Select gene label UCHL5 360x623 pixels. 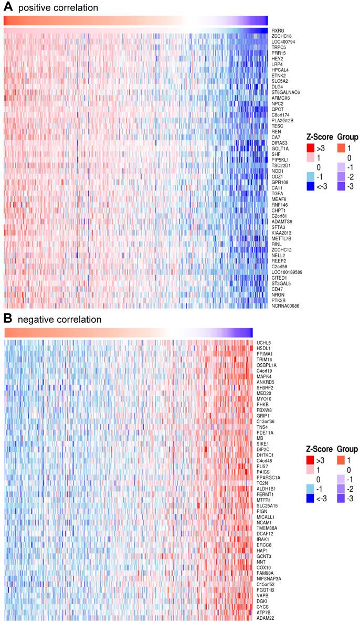[x=263, y=343]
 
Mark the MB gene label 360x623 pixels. [x=260, y=438]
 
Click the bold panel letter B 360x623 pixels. [x=8, y=319]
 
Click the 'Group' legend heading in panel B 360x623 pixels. [x=347, y=449]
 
